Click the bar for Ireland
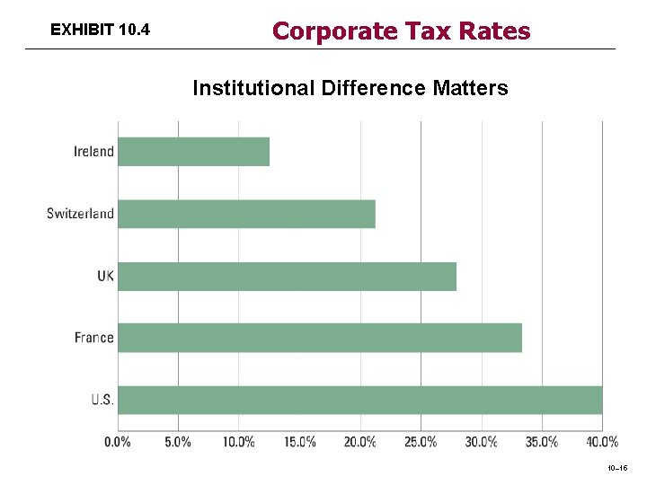193,152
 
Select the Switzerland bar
246,214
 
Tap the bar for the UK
287,276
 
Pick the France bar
320,338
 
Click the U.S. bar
359,400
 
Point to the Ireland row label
93,152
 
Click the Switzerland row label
80,214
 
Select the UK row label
105,276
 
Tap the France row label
93,338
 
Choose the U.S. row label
102,400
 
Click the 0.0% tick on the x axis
118,442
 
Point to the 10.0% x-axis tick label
238,442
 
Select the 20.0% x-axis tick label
359,442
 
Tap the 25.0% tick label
421,442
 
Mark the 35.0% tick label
541,442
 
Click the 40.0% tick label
601,442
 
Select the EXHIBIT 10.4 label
100,31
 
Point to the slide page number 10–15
618,469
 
